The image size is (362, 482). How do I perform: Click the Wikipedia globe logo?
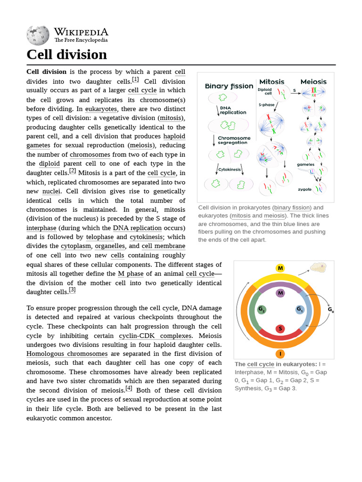[x=38, y=35]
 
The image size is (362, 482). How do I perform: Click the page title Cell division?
[x=66, y=55]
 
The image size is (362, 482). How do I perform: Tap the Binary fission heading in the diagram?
[x=229, y=86]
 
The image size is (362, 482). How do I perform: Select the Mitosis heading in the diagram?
[x=272, y=81]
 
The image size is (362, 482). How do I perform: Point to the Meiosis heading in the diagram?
[x=313, y=81]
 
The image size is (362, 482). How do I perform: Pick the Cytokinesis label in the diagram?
[x=230, y=169]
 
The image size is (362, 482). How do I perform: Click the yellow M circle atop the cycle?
[x=280, y=268]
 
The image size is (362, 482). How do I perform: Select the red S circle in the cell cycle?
[x=280, y=329]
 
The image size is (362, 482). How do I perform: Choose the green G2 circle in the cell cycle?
[x=262, y=309]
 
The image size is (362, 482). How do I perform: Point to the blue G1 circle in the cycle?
[x=300, y=309]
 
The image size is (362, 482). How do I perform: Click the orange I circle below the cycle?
[x=280, y=353]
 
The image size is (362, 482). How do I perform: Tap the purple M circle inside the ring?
[x=280, y=293]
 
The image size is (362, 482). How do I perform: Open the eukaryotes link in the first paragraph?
[x=101, y=109]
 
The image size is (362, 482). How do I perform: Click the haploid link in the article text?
[x=174, y=136]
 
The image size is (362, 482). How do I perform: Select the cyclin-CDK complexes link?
[x=155, y=336]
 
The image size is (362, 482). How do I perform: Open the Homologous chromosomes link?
[x=67, y=353]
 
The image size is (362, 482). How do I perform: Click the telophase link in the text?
[x=100, y=237]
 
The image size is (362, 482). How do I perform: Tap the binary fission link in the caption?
[x=292, y=208]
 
